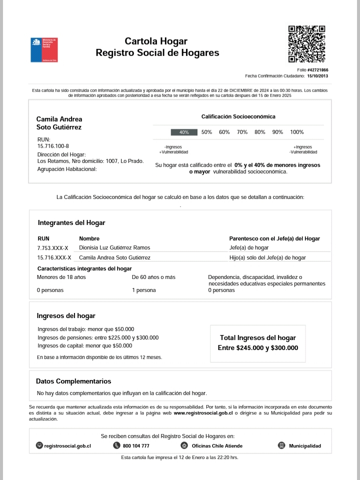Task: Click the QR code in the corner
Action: [x=306, y=44]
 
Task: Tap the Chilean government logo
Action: [x=44, y=49]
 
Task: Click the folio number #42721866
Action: [x=318, y=70]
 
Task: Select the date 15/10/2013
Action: [x=317, y=76]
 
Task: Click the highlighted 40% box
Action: [x=184, y=132]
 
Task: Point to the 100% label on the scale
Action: [x=297, y=132]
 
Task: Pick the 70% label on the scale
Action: [x=242, y=132]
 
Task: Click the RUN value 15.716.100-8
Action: [x=53, y=146]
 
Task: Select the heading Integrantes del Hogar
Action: [x=71, y=223]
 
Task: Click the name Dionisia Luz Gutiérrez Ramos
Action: [x=114, y=247]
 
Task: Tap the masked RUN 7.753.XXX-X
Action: [x=52, y=248]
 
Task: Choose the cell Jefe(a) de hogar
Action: [x=249, y=247]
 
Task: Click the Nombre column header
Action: [x=89, y=239]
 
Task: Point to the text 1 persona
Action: [x=144, y=290]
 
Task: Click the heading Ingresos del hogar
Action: [x=66, y=316]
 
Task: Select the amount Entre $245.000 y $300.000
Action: [x=258, y=348]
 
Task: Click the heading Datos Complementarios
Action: [x=73, y=381]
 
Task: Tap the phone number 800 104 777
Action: [x=136, y=446]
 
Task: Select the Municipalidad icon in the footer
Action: [x=281, y=445]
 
